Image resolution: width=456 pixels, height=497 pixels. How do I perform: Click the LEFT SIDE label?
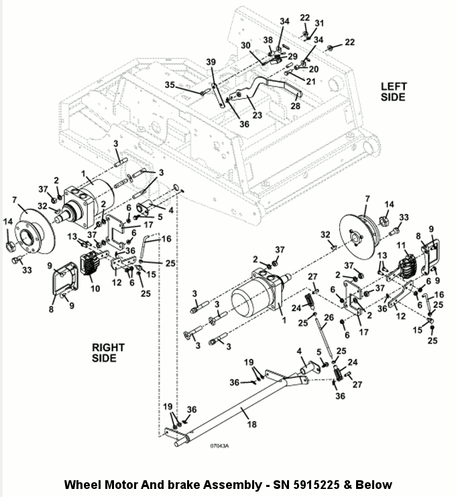(393, 92)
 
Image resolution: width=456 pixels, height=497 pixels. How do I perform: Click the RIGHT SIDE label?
(108, 353)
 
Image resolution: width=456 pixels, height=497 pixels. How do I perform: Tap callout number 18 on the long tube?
(252, 424)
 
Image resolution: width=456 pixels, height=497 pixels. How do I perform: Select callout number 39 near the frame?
(211, 62)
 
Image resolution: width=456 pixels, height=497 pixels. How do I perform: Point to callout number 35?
(170, 85)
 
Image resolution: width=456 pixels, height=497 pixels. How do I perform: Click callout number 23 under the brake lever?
(258, 115)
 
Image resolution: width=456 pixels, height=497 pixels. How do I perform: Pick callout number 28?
(295, 105)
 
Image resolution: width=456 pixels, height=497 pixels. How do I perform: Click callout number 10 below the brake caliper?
(95, 288)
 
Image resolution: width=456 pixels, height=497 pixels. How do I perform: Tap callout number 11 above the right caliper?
(401, 245)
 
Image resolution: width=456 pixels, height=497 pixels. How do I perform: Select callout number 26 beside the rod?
(329, 317)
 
